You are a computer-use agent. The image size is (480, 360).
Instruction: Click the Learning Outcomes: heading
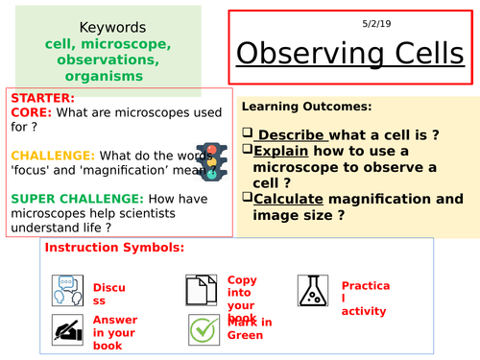click(x=305, y=107)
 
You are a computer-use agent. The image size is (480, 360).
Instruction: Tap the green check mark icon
click(x=202, y=329)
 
